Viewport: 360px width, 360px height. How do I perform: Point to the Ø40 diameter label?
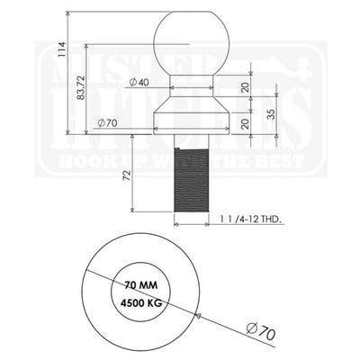click(x=139, y=83)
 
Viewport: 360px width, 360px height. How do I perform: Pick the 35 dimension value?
click(x=272, y=115)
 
